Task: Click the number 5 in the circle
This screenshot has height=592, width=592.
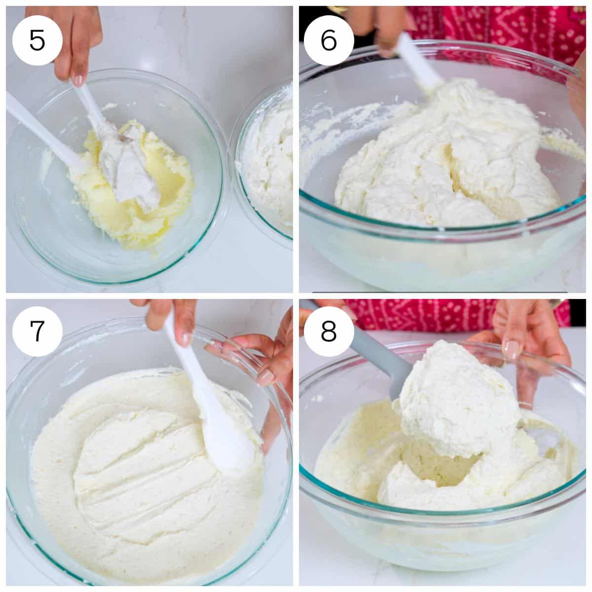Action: pyautogui.click(x=37, y=40)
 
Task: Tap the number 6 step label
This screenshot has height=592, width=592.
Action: pyautogui.click(x=329, y=40)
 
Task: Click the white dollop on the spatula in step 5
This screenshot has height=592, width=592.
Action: pyautogui.click(x=131, y=163)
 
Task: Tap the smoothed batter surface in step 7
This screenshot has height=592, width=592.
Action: pyautogui.click(x=133, y=469)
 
